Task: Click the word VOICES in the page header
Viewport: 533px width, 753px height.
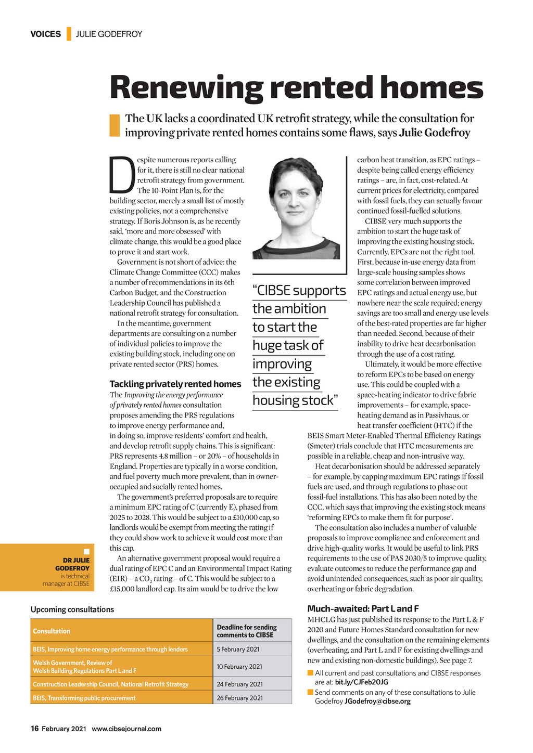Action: [x=45, y=34]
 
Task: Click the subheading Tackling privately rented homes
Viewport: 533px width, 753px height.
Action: [x=175, y=384]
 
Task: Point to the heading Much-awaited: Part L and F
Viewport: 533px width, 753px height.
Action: [x=363, y=608]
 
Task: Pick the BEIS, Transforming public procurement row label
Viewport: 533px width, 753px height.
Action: [x=84, y=698]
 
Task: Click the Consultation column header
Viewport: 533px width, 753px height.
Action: [x=52, y=631]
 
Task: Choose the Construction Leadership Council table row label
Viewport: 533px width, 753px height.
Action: [x=110, y=684]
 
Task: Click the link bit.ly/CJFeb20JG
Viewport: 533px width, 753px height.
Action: [x=362, y=682]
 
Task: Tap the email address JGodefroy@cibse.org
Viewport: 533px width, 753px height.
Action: [x=377, y=702]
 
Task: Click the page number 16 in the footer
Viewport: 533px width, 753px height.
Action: [x=35, y=729]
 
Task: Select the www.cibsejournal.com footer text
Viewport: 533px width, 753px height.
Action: [x=126, y=729]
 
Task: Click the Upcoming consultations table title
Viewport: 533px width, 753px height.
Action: [x=72, y=609]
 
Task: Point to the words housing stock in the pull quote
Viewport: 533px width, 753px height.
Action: [x=295, y=400]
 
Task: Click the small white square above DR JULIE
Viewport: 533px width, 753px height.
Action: [x=86, y=552]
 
